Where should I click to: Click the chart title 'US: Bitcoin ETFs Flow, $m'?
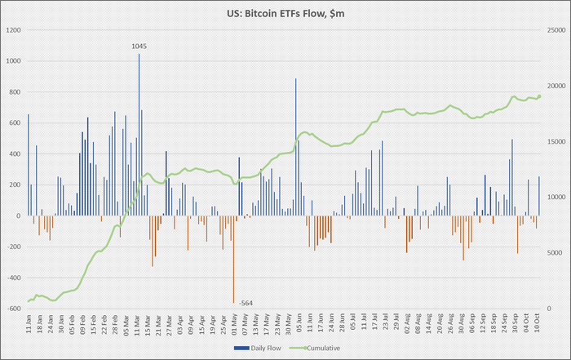pyautogui.click(x=285, y=14)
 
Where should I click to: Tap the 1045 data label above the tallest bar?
pyautogui.click(x=139, y=47)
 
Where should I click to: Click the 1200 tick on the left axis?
pyautogui.click(x=15, y=30)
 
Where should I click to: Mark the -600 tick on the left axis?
pyautogui.click(x=14, y=309)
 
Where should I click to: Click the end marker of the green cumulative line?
pyautogui.click(x=539, y=96)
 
